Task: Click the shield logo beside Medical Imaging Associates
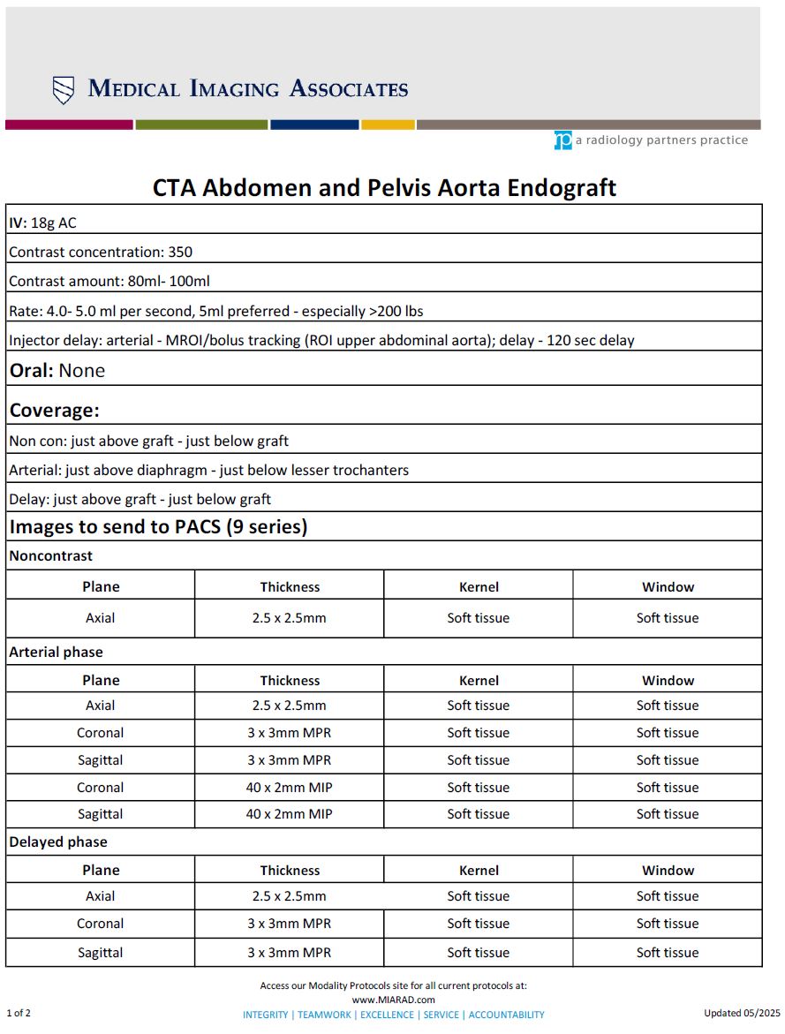tap(64, 90)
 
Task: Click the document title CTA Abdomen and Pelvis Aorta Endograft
tap(384, 188)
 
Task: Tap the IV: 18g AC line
tap(42, 223)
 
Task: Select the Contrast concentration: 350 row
tap(101, 253)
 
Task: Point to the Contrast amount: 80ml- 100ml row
tap(109, 282)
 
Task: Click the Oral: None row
tap(57, 371)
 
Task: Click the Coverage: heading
tap(55, 411)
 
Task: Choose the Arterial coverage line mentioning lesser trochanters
tap(208, 470)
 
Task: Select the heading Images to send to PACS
tap(158, 527)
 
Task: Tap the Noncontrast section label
tap(50, 556)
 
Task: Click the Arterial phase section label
tap(56, 653)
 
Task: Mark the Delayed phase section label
tap(58, 842)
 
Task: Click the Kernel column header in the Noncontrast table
tap(479, 587)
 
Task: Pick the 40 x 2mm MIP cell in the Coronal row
tap(289, 788)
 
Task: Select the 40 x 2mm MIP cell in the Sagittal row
tap(289, 814)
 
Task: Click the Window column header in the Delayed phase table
tap(668, 871)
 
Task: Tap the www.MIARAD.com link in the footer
tap(393, 1000)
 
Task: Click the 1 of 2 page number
tap(19, 1013)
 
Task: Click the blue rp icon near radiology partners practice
tap(563, 140)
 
